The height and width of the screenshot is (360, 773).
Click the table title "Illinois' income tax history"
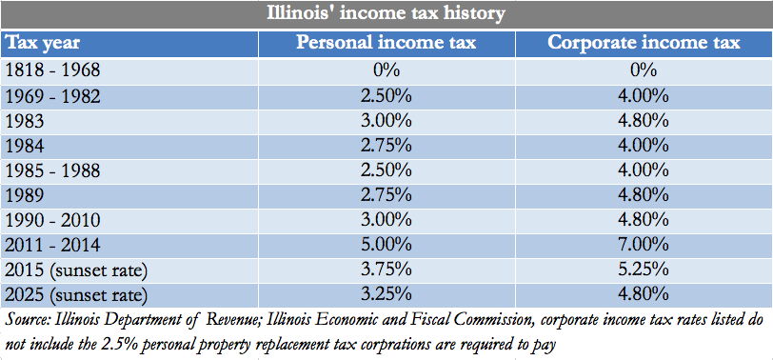(386, 14)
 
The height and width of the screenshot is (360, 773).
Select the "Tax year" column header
(43, 43)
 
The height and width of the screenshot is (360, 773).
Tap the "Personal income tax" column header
(386, 43)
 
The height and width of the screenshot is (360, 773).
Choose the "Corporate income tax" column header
(644, 43)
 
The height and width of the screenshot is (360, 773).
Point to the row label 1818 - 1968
(53, 70)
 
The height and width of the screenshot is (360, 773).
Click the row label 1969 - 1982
(53, 95)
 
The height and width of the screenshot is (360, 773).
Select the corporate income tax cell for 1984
(644, 145)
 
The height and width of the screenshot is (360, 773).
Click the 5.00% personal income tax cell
(386, 244)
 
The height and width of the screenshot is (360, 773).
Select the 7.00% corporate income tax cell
(644, 244)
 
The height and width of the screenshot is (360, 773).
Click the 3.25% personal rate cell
(386, 293)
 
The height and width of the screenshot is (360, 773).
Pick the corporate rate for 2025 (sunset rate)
(644, 293)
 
